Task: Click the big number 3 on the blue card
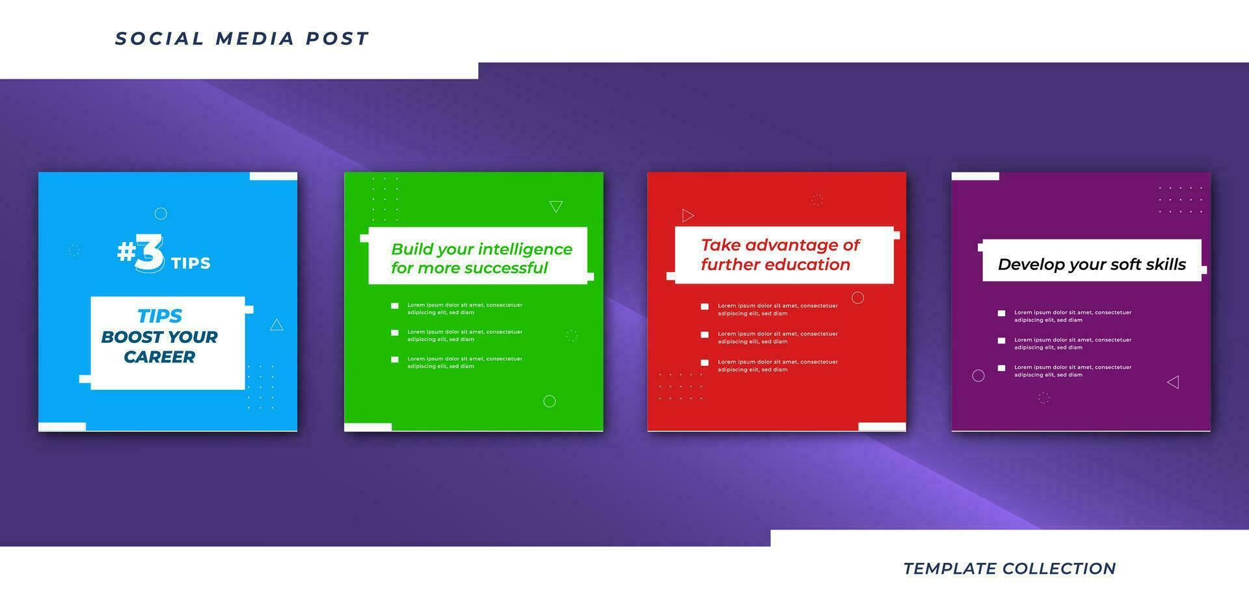click(150, 254)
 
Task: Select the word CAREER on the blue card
click(159, 357)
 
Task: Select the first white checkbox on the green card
click(395, 306)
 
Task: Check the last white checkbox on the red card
click(705, 363)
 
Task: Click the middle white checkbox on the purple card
click(1002, 341)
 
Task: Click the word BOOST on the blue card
click(127, 337)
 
